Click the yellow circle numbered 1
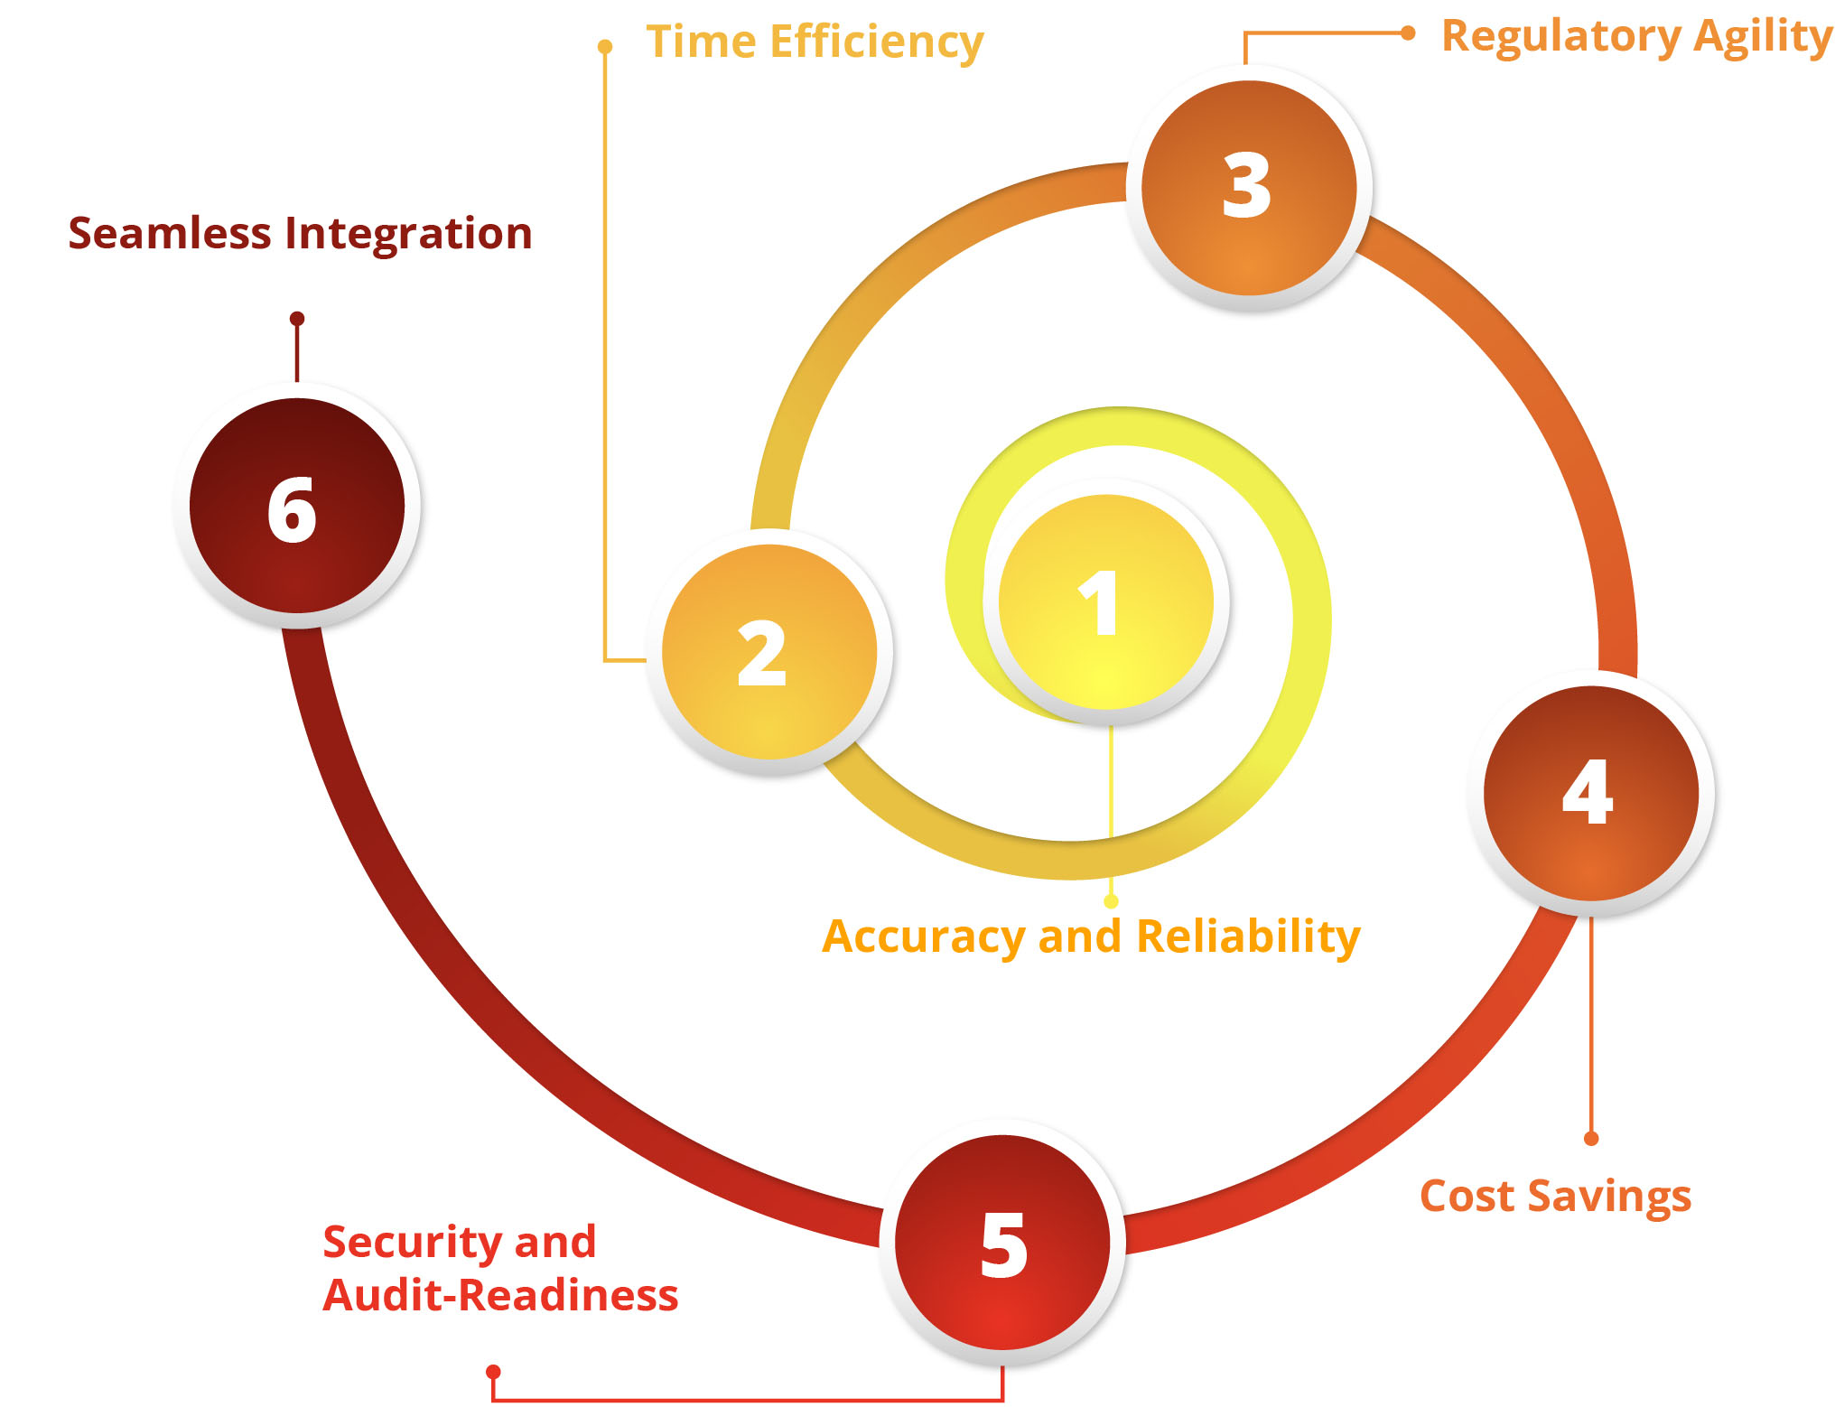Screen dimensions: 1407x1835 tap(1105, 602)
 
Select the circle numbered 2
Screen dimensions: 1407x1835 tap(768, 652)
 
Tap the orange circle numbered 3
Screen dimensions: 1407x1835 tap(1249, 188)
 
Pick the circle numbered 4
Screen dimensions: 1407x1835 tap(1590, 793)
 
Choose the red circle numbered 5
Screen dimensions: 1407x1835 tap(1002, 1243)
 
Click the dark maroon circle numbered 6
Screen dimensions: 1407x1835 tap(297, 506)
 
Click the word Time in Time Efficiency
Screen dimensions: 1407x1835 tap(701, 42)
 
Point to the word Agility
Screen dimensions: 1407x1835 tap(1763, 38)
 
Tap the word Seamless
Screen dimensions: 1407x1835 tap(170, 233)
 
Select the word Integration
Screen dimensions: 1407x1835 tap(408, 235)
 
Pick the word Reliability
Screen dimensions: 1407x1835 tap(1248, 936)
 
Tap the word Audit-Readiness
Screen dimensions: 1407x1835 tap(500, 1296)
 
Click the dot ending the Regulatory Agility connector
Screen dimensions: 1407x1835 tap(1407, 33)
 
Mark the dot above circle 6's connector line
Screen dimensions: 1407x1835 tap(297, 319)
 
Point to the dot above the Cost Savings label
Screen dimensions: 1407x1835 tap(1591, 1139)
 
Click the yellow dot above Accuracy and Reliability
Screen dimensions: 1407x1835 tap(1111, 901)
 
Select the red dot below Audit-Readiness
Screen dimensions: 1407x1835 tap(493, 1372)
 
